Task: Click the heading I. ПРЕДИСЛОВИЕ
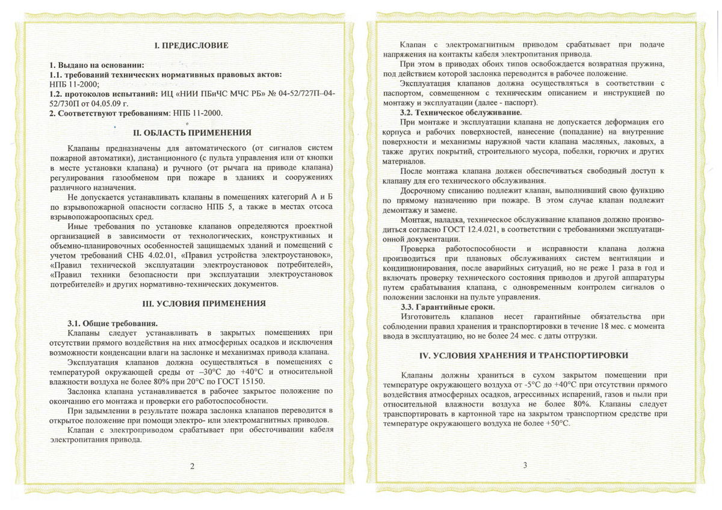[191, 46]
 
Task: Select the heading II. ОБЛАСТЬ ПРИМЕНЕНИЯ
[191, 132]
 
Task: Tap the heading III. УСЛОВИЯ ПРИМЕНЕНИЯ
[191, 304]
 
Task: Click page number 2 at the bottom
[192, 466]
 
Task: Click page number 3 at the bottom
[525, 464]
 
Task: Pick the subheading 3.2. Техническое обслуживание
[461, 112]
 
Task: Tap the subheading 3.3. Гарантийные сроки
[448, 307]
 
